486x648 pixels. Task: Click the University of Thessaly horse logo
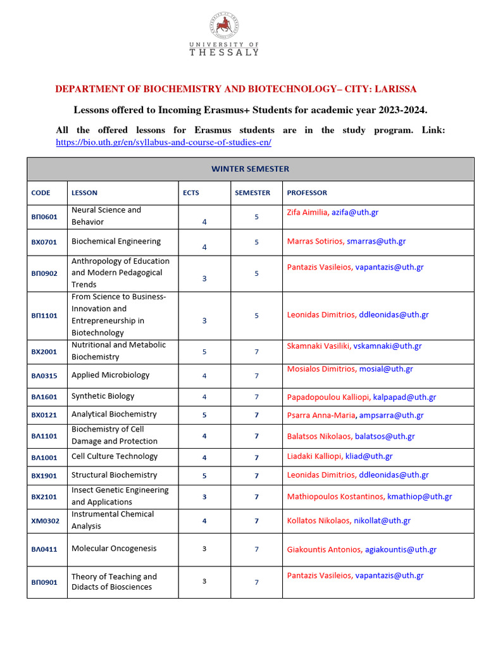[x=224, y=26]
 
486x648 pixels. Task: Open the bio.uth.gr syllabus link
[x=163, y=142]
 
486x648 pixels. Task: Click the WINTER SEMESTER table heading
[x=250, y=169]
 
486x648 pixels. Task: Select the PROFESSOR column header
[x=307, y=193]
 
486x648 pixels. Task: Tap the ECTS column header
[x=190, y=193]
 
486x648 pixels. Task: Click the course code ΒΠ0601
[x=44, y=216]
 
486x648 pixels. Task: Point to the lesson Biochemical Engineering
[x=116, y=241]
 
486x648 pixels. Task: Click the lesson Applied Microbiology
[x=110, y=375]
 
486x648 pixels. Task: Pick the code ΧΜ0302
[x=44, y=521]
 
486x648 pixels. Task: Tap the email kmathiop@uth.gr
[x=420, y=497]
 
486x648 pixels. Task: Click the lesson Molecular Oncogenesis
[x=114, y=549]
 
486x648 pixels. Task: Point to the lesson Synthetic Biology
[x=103, y=396]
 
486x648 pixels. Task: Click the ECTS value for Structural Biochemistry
[x=204, y=475]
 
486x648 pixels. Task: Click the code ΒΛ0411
[x=44, y=549]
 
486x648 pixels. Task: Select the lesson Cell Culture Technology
[x=115, y=456]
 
